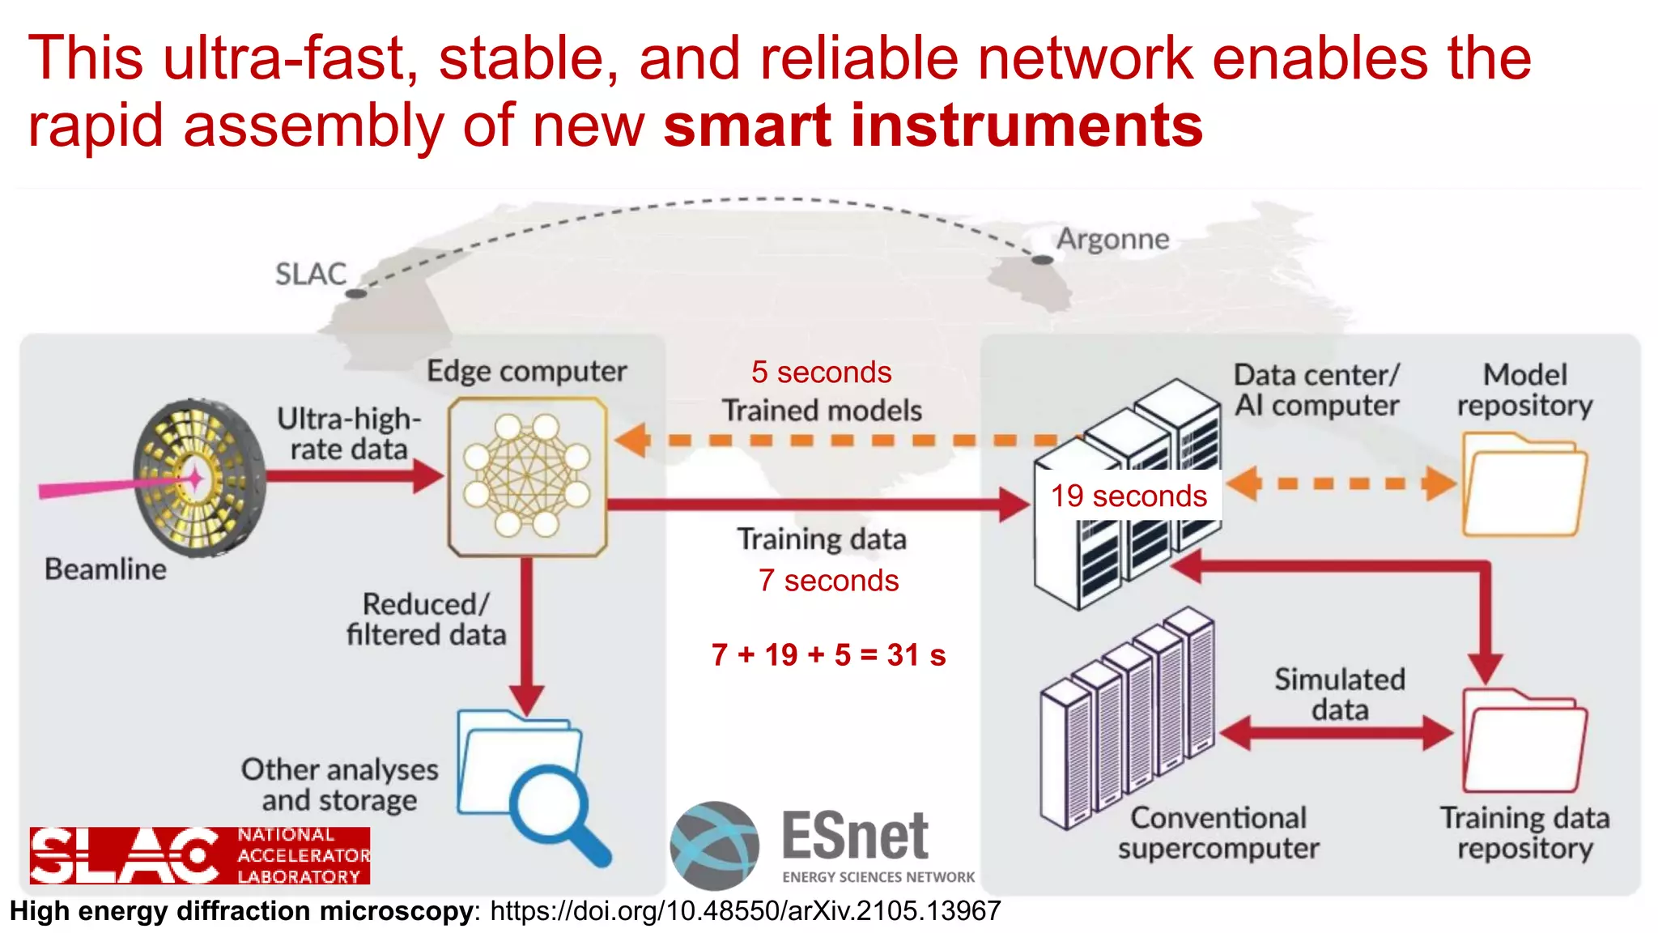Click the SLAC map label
310,274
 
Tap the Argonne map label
1112,239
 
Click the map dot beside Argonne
1042,260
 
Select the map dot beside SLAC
355,293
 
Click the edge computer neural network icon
527,476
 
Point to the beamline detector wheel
199,478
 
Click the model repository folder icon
1523,486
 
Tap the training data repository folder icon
1524,740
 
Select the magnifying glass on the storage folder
559,810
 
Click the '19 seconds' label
1129,496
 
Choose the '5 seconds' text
821,373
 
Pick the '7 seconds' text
828,581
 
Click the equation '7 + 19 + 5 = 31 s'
828,654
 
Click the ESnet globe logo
714,845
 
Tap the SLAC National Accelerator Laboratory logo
200,855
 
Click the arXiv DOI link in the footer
745,911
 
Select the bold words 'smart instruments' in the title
933,126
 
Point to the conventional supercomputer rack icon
1127,721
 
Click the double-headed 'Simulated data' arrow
1337,734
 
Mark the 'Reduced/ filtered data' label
426,620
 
